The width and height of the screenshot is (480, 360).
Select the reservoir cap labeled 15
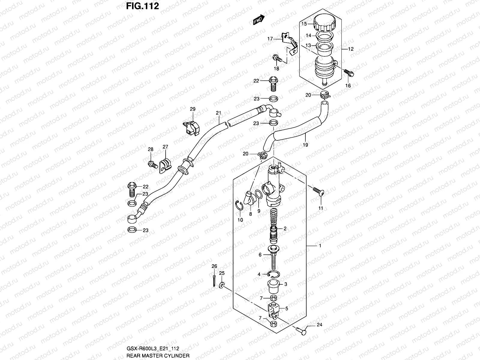pos(325,23)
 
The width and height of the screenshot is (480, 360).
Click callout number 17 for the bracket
pos(270,39)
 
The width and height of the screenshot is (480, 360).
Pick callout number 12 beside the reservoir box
pos(351,49)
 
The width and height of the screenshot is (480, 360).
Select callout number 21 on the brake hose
pos(218,113)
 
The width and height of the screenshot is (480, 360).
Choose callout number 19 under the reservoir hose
pos(305,145)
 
